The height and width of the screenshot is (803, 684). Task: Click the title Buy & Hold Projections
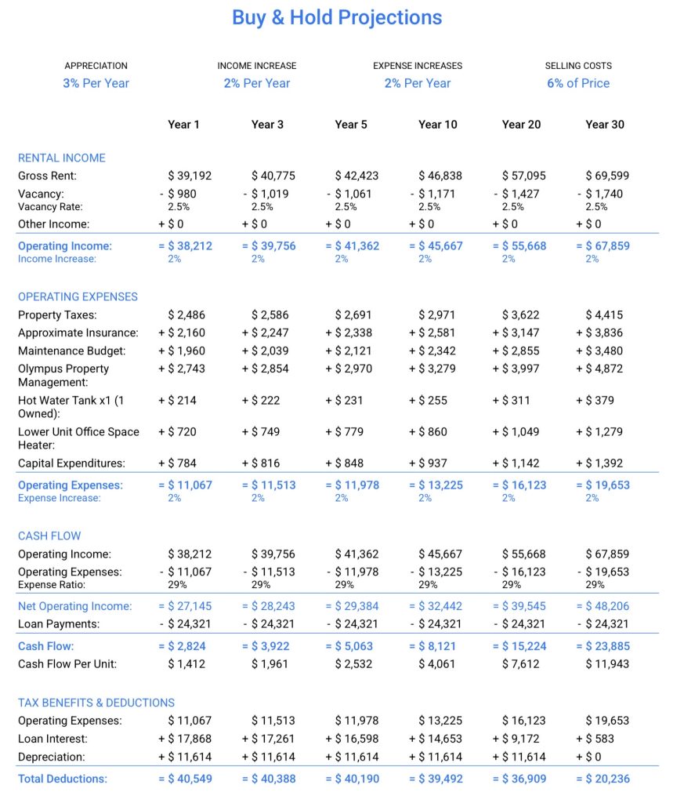[337, 17]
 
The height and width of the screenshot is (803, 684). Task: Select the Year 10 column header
[437, 124]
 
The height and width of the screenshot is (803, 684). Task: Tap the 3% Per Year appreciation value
[96, 83]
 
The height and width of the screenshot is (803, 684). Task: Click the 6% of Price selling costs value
[578, 83]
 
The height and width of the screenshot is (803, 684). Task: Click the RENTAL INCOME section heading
[61, 158]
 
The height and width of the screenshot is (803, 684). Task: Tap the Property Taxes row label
[57, 314]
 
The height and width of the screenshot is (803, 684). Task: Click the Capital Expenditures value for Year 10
[437, 463]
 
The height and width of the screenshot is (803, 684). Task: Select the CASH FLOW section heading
[49, 536]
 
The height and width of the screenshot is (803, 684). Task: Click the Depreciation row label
[52, 757]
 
